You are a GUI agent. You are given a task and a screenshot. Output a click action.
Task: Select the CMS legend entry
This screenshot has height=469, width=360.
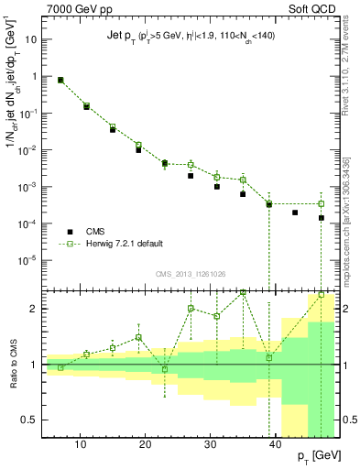pyautogui.click(x=102, y=233)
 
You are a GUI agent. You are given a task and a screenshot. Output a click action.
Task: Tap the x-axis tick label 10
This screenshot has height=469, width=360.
pyautogui.click(x=81, y=443)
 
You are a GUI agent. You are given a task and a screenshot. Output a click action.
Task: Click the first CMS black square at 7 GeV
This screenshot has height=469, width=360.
pyautogui.click(x=60, y=81)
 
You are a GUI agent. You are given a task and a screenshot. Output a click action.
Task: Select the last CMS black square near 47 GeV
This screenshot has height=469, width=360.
pyautogui.click(x=322, y=218)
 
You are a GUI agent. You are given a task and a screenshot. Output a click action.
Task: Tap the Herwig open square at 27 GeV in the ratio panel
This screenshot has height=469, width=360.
pyautogui.click(x=191, y=309)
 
